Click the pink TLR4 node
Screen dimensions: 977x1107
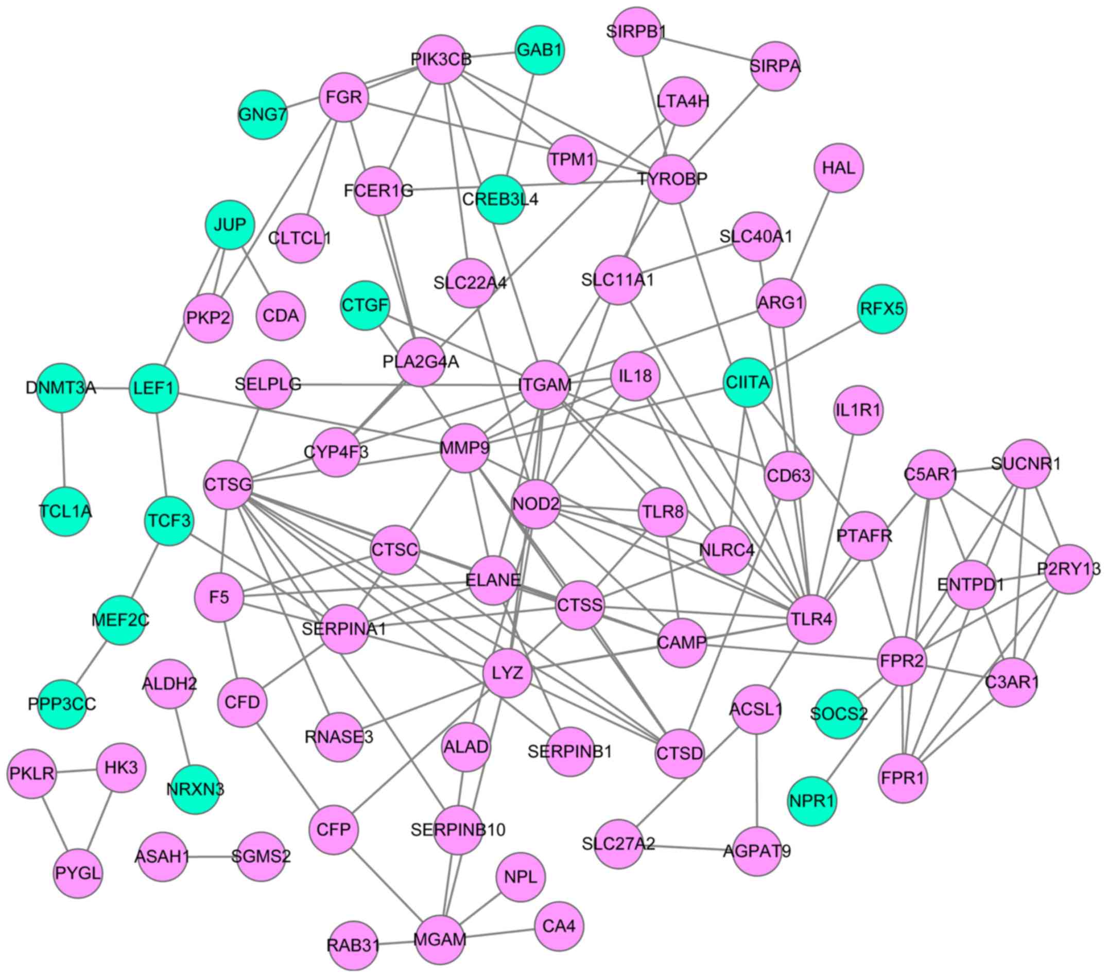[811, 620]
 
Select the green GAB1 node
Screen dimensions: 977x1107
[539, 50]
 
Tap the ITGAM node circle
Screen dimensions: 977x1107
[544, 385]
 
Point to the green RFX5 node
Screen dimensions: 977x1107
[882, 309]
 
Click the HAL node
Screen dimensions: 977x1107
[838, 168]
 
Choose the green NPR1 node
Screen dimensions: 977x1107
[812, 801]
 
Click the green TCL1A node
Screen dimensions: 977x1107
[65, 511]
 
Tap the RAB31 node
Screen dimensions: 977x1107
[354, 946]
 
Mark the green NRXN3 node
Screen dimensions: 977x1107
[195, 789]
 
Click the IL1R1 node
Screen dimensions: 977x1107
[858, 410]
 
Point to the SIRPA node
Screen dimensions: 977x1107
[775, 66]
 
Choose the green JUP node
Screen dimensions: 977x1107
[230, 225]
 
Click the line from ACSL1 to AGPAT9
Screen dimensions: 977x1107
[756, 780]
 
